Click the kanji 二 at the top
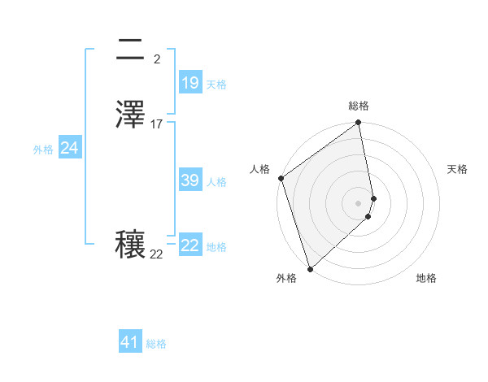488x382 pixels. click(x=131, y=51)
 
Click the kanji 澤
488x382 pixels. click(x=131, y=114)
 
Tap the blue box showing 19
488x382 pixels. click(x=190, y=83)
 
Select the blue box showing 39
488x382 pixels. click(x=190, y=180)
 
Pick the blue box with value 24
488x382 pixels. click(x=70, y=148)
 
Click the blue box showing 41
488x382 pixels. click(x=130, y=342)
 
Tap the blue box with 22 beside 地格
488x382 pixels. click(x=190, y=245)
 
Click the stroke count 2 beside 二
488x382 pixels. click(x=157, y=59)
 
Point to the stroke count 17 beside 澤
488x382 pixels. click(x=157, y=124)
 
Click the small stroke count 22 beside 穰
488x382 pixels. click(x=156, y=254)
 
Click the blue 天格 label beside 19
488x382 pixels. click(x=216, y=85)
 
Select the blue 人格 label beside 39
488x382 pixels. click(x=216, y=182)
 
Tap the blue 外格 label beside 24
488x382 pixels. click(x=43, y=150)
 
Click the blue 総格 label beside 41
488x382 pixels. click(x=156, y=344)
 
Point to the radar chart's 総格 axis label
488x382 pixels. click(x=359, y=106)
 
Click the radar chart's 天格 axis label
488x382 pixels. click(x=458, y=169)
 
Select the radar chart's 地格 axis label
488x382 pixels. click(x=426, y=279)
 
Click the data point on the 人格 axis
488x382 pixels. click(x=281, y=178)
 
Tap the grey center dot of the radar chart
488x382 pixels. click(x=359, y=202)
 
